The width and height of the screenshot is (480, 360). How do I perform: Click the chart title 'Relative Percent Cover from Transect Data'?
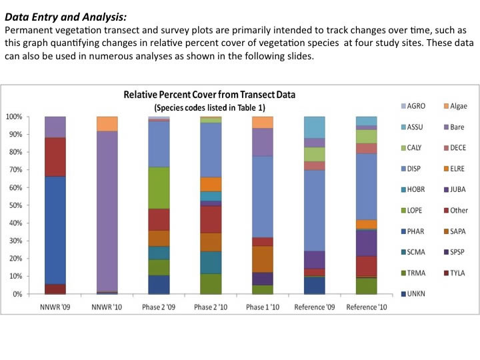click(209, 95)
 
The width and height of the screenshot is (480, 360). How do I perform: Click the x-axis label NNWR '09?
click(55, 307)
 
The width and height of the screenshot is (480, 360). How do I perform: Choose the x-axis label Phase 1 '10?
click(262, 307)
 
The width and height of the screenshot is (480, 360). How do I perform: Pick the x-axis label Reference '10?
click(366, 307)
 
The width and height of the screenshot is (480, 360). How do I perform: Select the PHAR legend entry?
click(415, 231)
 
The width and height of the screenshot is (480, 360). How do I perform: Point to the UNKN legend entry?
click(415, 293)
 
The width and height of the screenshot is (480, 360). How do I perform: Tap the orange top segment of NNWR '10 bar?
click(107, 124)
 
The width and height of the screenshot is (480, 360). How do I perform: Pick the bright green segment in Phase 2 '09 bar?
click(159, 188)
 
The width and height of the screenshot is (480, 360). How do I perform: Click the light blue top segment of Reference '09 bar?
click(314, 127)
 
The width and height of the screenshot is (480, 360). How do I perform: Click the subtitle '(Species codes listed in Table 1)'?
click(209, 107)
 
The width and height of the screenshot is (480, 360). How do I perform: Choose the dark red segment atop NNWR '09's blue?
click(55, 157)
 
